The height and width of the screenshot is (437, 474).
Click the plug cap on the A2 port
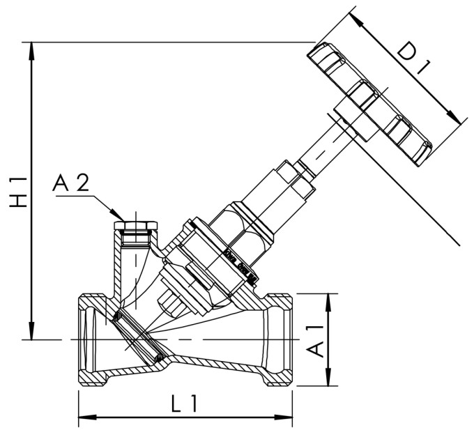tap(134, 226)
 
